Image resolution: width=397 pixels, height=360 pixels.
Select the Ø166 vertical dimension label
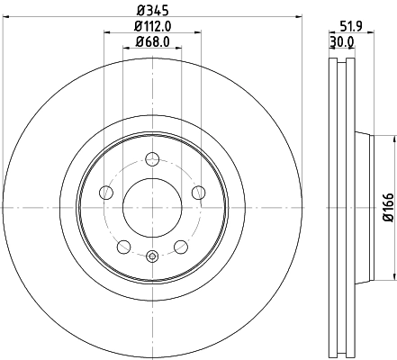388,206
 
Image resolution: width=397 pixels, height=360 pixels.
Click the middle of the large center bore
152,206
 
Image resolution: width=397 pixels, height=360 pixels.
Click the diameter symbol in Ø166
388,219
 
